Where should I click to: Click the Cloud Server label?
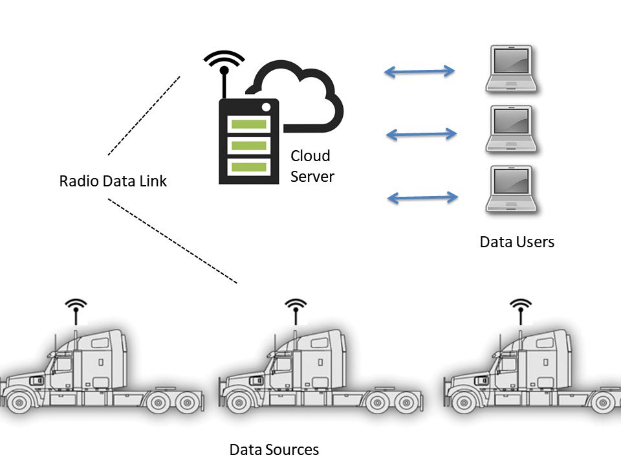coord(312,166)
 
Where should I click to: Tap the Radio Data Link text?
coord(113,181)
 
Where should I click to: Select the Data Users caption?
coord(517,242)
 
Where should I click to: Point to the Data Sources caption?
coord(274,449)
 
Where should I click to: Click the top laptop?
coord(512,69)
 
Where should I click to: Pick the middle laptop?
coord(512,129)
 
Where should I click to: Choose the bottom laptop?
coord(512,191)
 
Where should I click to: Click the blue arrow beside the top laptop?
coord(420,71)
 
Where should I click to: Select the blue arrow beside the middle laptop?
coord(421,134)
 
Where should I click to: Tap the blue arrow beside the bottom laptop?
coord(422,197)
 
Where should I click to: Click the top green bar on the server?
coord(248,124)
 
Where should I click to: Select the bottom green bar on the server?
coord(248,166)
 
